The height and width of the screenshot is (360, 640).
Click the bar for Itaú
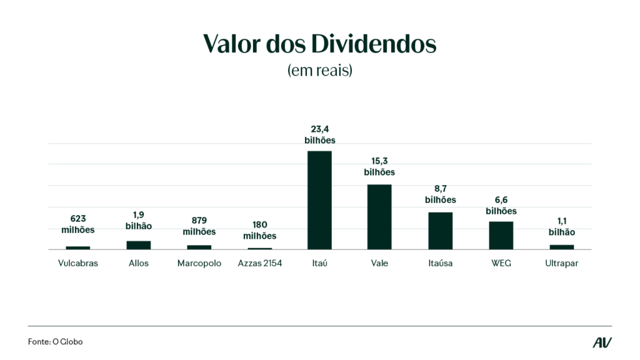(319, 200)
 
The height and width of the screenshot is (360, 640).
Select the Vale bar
(379, 217)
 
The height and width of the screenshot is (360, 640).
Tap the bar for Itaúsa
(440, 231)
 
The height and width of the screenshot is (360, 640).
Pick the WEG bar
(501, 235)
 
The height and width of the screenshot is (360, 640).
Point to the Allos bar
(139, 245)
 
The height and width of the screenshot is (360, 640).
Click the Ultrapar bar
(561, 247)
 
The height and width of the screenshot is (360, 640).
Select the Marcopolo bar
(199, 247)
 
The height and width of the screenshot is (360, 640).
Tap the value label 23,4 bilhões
(319, 134)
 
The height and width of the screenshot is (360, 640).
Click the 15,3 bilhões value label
(379, 166)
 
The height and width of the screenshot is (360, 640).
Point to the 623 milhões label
(78, 224)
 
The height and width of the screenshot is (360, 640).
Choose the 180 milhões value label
(260, 230)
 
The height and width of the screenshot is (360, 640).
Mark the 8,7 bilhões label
(440, 194)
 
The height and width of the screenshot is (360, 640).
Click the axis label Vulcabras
(78, 263)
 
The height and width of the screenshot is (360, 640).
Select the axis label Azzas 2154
(260, 263)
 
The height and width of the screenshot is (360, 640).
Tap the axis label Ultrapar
(561, 263)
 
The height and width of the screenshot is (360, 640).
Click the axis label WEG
(501, 263)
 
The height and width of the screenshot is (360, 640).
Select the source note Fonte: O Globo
(56, 342)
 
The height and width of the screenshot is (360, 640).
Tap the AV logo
(602, 342)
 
